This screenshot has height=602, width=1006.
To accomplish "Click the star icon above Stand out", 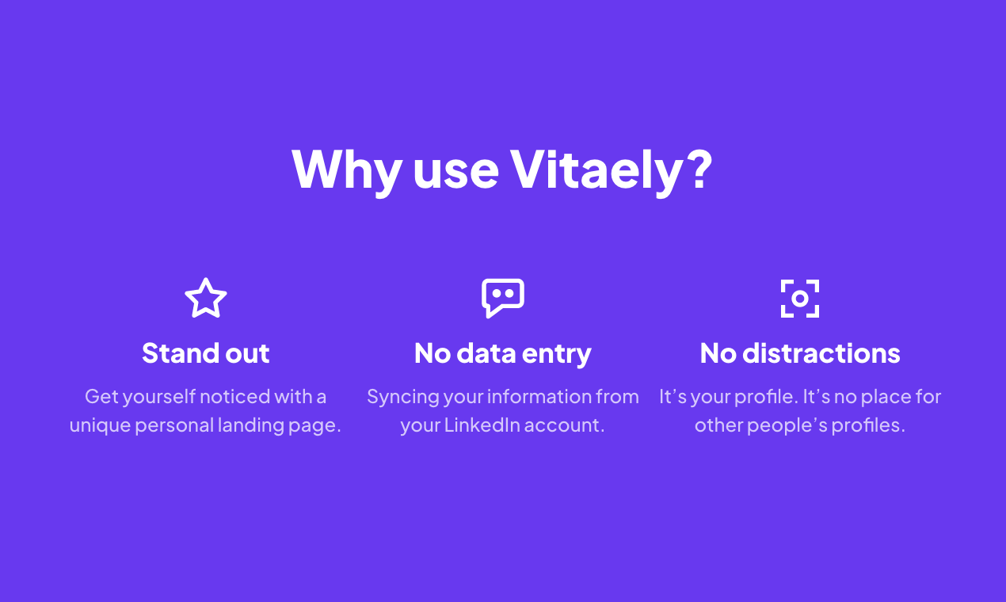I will point(206,299).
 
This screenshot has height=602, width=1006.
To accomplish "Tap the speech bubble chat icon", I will point(503,298).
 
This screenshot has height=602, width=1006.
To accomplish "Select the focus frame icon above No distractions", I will point(800,299).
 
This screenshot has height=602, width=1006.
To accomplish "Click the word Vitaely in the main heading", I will point(596,170).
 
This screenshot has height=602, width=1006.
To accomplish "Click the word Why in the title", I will point(346,170).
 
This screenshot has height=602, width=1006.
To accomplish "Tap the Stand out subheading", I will point(206,353).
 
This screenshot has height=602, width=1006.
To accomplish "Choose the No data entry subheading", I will point(503,353).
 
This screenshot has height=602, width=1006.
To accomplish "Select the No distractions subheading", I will point(800,353).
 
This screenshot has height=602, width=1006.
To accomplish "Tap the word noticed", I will point(234,397).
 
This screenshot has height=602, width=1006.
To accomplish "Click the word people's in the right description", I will point(787,425).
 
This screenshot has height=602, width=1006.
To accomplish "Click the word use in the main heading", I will point(455,170).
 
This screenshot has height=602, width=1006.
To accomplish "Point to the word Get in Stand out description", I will point(101,397).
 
